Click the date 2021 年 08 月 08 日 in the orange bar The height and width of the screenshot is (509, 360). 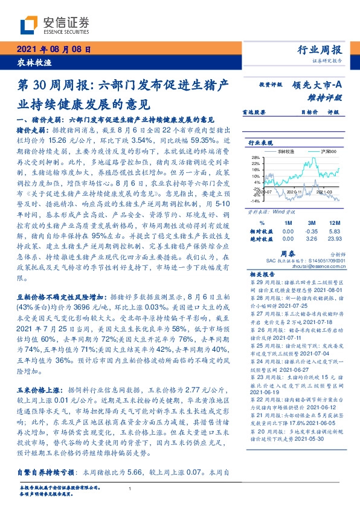(53, 50)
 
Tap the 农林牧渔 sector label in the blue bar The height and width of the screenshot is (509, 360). (30, 62)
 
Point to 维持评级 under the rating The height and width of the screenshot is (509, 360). (329, 97)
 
